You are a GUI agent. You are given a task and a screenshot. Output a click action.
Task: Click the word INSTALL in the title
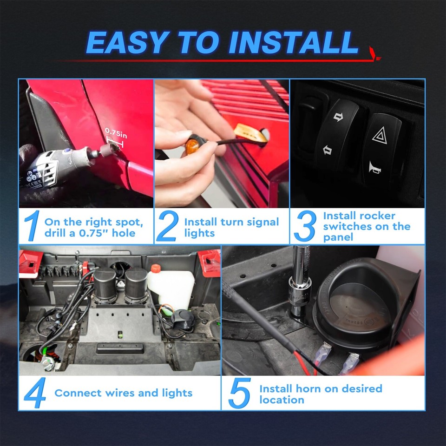coord(294,43)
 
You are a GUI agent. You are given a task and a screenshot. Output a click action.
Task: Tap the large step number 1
coord(31,227)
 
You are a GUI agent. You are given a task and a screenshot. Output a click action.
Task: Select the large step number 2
coord(167,227)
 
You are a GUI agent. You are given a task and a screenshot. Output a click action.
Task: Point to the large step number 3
coord(305,227)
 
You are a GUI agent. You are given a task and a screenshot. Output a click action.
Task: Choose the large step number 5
coord(239,393)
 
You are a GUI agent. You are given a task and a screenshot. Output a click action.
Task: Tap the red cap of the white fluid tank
coord(155,269)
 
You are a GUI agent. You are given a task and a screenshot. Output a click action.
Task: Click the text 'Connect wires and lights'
coord(123,393)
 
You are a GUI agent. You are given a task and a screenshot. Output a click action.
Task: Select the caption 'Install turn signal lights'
coord(231,227)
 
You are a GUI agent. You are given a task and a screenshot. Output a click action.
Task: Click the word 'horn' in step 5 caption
coord(312,388)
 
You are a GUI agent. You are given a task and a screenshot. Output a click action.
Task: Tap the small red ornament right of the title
coord(374,53)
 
